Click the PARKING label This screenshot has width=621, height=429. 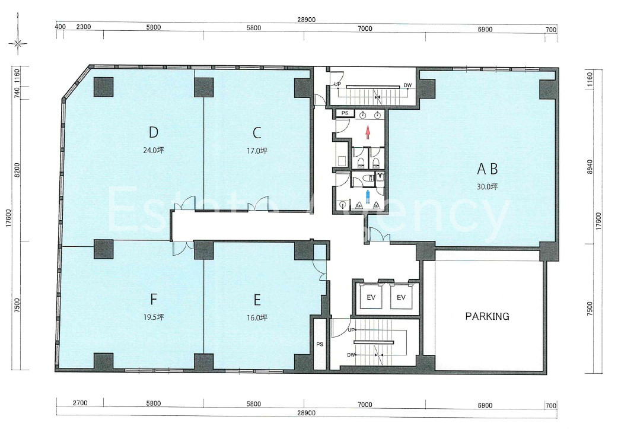click(x=487, y=316)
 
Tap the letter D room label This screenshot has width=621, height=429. click(x=154, y=132)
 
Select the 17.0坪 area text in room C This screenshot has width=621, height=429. click(x=257, y=151)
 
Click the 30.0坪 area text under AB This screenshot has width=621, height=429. click(x=487, y=186)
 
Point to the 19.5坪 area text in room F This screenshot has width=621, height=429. click(x=154, y=317)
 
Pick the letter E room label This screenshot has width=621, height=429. click(x=257, y=300)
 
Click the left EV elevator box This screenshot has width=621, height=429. click(x=371, y=297)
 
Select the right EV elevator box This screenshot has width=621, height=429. click(x=401, y=297)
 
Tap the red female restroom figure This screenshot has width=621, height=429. click(x=368, y=133)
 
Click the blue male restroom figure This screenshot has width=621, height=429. click(x=368, y=197)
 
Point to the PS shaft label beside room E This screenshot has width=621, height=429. click(x=320, y=344)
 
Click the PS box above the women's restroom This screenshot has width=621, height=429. click(x=345, y=113)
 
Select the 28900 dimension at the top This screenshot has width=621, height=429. click(x=307, y=20)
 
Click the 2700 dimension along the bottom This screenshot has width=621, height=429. click(x=80, y=403)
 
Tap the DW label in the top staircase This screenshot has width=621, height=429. click(x=407, y=85)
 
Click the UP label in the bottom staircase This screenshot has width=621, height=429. click(x=351, y=330)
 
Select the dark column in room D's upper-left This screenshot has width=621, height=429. click(x=103, y=87)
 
